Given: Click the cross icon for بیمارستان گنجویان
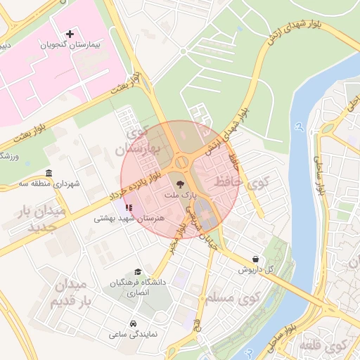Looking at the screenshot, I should click(70, 34).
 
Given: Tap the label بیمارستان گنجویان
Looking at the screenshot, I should click(70, 44).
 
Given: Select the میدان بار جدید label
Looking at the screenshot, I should click(44, 219).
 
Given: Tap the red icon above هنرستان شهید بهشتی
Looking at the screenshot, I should click(128, 208).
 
